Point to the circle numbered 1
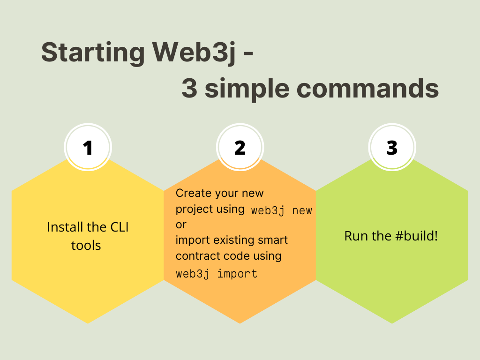(88, 148)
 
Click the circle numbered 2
(240, 148)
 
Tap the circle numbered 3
(392, 148)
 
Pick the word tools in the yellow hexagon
(86, 245)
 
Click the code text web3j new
(281, 210)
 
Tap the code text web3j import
(217, 274)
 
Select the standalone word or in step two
(181, 225)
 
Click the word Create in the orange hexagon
(192, 193)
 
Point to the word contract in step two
(196, 256)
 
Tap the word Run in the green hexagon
(354, 236)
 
